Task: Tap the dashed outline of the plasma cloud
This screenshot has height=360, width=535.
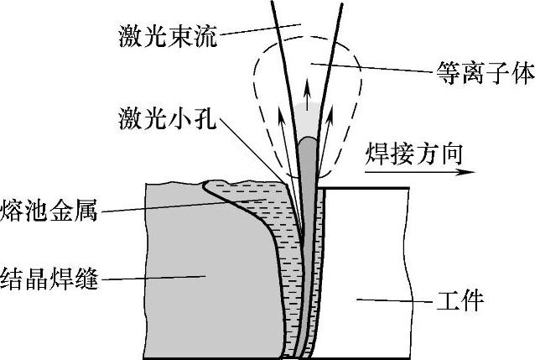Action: click(252, 92)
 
